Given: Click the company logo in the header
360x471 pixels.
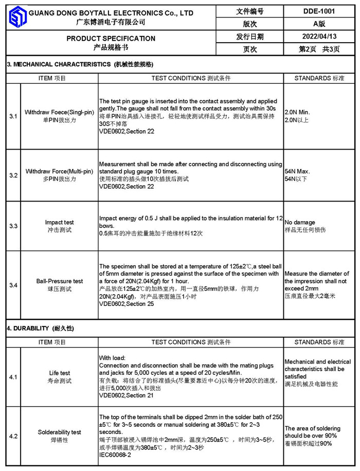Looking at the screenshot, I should [x=16, y=17].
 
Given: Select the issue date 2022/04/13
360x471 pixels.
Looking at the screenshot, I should [x=319, y=37].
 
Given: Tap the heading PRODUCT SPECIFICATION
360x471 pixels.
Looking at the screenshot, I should [x=111, y=39].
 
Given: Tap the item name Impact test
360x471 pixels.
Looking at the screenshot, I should [x=59, y=223].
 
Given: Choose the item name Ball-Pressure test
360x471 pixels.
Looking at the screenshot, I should [x=59, y=281].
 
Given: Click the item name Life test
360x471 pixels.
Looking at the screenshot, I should [x=59, y=373].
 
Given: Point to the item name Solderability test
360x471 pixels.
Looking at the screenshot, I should [x=59, y=432].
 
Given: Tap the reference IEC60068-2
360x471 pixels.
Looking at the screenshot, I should [x=115, y=455].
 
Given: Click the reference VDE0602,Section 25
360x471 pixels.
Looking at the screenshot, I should [x=127, y=304].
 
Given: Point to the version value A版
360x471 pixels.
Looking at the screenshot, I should [x=319, y=24].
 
